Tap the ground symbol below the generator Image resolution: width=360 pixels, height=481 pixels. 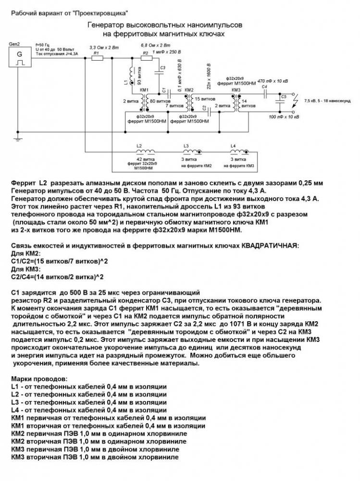point(18,138)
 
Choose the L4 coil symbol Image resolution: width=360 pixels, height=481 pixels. point(235,151)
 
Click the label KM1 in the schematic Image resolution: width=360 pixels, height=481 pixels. point(144,90)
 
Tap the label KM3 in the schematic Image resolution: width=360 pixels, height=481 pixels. point(236,90)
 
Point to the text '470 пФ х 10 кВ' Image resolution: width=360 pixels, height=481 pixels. point(273,82)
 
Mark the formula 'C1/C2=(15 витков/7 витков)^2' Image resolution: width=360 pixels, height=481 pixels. point(59,261)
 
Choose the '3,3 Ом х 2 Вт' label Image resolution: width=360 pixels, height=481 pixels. point(103,48)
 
